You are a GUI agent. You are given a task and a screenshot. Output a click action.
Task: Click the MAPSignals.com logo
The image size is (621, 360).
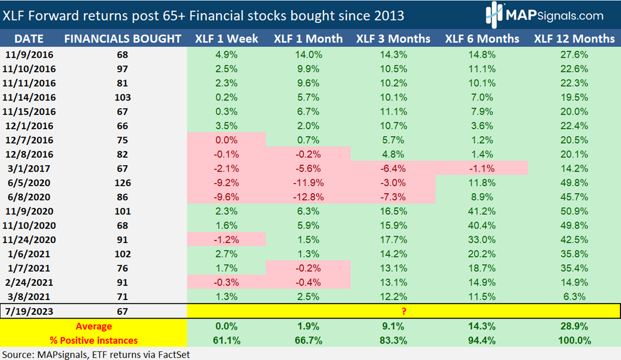[x=544, y=15]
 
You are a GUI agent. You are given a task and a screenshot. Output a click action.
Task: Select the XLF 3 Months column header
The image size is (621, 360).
[x=393, y=39]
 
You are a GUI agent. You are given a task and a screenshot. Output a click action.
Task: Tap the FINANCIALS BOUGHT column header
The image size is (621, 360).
[x=122, y=39]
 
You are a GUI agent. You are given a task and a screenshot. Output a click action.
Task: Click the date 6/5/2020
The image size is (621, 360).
[x=30, y=183]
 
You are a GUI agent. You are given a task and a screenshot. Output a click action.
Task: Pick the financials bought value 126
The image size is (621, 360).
[x=122, y=183]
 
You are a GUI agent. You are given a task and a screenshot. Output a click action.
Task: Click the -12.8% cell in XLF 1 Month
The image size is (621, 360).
[x=308, y=197]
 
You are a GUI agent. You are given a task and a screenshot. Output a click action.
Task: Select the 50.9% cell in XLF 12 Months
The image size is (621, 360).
[x=574, y=211]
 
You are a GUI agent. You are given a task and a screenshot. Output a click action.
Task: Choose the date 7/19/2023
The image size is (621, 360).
[x=30, y=311]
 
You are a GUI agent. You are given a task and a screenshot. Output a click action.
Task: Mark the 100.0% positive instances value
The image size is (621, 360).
[x=574, y=340]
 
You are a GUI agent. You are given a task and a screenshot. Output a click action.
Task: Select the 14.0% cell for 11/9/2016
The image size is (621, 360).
[x=308, y=54]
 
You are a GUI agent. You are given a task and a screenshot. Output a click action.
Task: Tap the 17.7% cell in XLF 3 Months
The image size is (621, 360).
[x=393, y=240]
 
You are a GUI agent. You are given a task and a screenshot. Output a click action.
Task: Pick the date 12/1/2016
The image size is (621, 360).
[x=30, y=126]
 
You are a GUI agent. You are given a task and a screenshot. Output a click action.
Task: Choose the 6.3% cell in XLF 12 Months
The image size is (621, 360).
[x=574, y=297]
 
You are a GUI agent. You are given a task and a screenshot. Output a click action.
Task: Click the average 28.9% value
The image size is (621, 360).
[x=574, y=326]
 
